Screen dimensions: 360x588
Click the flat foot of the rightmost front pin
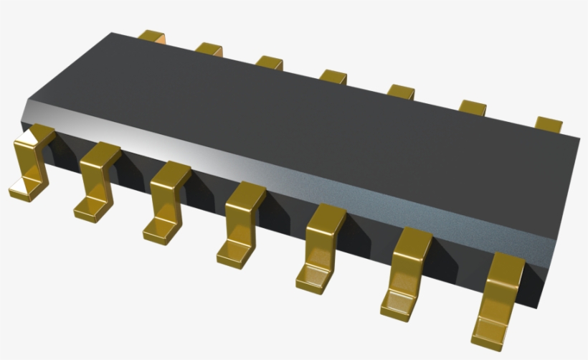tap(489, 330)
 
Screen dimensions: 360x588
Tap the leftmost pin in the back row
tap(152, 36)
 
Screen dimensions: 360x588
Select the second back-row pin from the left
tap(209, 49)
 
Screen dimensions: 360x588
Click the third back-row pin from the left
tap(270, 63)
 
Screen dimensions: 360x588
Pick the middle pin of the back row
tap(333, 77)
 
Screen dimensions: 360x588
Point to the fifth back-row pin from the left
tap(402, 92)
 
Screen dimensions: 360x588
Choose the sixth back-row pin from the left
tap(473, 108)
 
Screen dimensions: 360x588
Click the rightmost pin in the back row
tap(549, 124)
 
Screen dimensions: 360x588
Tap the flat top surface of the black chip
tap(301, 115)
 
